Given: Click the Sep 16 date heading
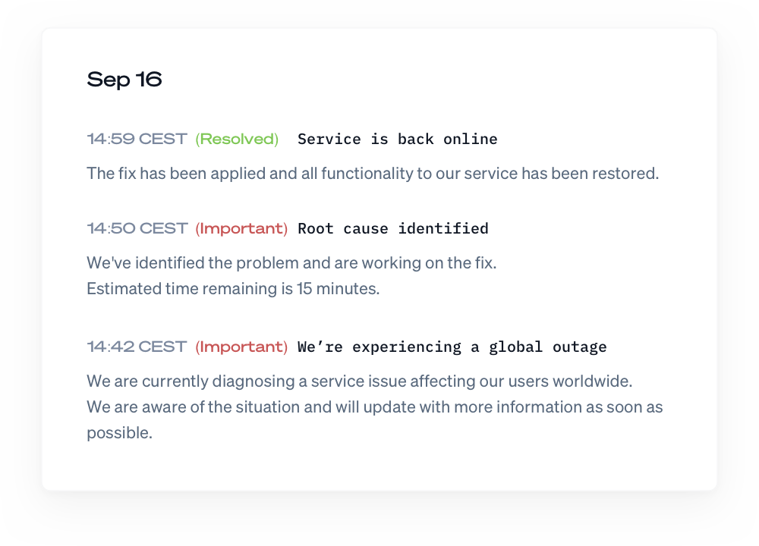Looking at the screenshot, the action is [124, 80].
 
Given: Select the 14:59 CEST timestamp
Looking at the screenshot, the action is [137, 139].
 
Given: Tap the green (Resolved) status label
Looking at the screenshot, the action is [237, 140].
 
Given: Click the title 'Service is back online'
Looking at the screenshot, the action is [398, 140].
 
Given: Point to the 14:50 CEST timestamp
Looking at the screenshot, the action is [137, 228].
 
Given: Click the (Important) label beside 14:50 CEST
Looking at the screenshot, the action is [241, 229].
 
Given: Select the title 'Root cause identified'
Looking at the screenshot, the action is [393, 228].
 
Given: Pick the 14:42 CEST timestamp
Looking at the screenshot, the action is [137, 347].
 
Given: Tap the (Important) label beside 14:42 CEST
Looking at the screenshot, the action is [241, 347].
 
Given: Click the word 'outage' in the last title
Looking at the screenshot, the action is [579, 347].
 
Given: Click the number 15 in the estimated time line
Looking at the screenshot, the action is [304, 289].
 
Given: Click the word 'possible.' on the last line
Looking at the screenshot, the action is [120, 433].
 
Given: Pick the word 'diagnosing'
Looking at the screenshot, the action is [254, 381].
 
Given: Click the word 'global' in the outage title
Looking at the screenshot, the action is [515, 347].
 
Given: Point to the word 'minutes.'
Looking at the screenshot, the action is [348, 289].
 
